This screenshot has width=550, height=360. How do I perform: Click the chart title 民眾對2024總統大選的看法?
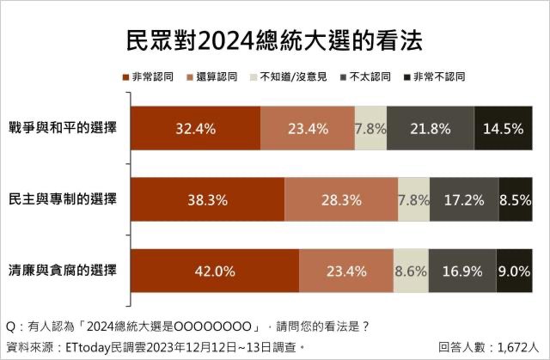point(274,40)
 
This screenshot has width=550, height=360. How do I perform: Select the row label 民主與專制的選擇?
point(61,199)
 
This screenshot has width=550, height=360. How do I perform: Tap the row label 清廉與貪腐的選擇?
point(61,270)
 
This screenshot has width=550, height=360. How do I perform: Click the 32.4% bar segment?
point(194,130)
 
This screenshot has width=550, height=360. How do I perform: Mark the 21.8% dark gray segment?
point(430,130)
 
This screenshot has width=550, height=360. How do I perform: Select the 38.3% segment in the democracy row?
point(207,200)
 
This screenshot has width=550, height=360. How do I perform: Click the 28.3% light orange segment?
point(341,200)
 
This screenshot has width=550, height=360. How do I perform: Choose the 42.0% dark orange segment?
point(214,271)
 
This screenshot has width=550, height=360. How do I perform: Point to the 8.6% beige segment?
point(410,271)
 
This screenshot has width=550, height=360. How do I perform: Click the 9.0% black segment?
point(514,271)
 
